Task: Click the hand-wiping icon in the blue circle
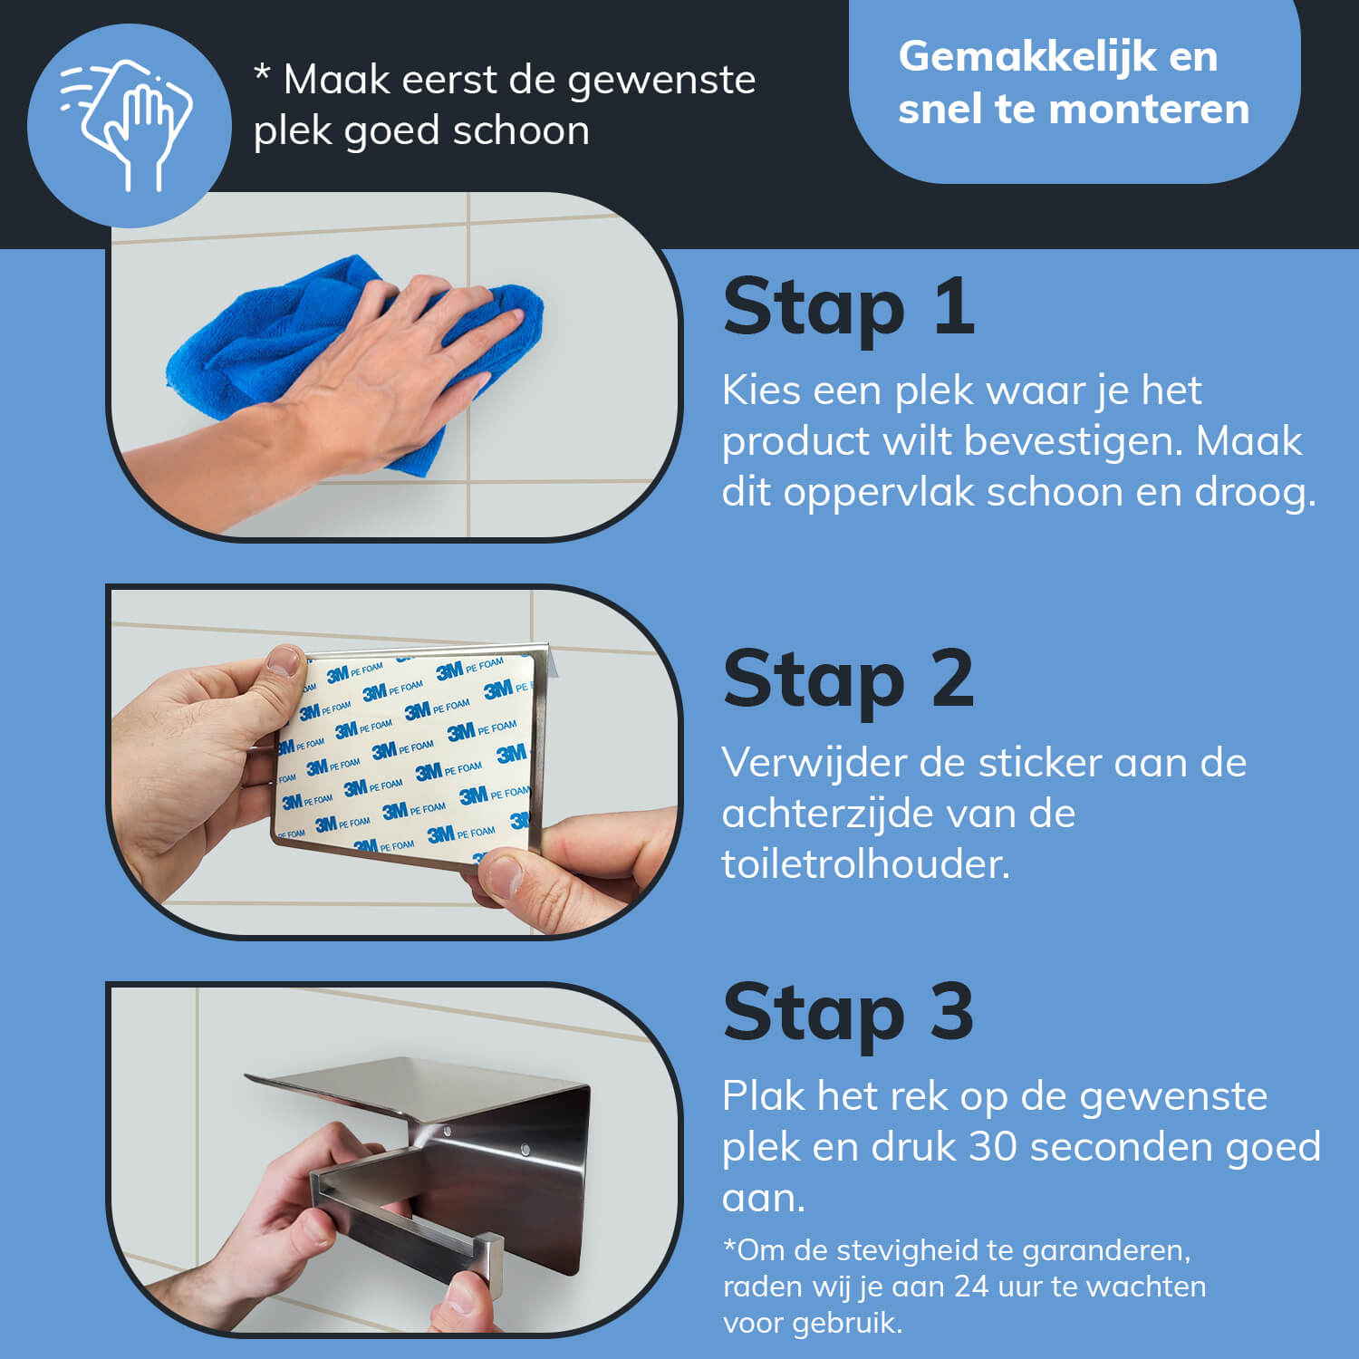tap(127, 124)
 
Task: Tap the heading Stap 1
tap(849, 307)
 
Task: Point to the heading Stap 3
tap(849, 1012)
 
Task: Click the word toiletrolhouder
tap(865, 863)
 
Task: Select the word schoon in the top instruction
tap(521, 130)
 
